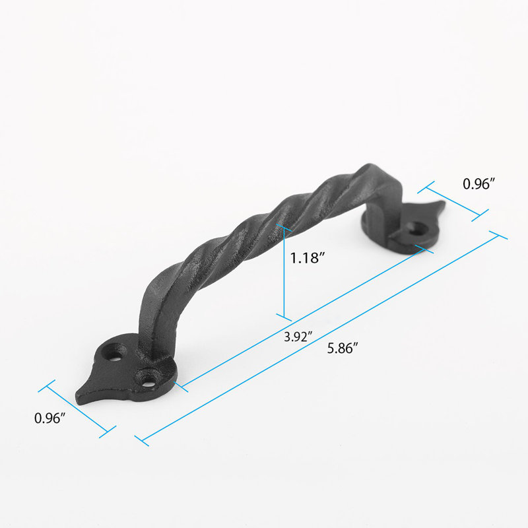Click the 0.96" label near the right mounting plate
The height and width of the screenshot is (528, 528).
coord(478,185)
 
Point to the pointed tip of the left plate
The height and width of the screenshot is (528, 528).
coord(80,399)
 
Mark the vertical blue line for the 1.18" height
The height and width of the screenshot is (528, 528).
coord(284,271)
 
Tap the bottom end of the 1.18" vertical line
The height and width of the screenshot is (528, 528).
coord(284,317)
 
